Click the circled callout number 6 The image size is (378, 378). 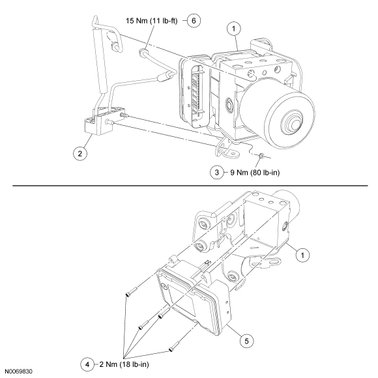[x=194, y=21]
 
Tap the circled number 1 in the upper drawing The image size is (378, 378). [x=233, y=29]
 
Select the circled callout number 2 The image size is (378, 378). [x=80, y=153]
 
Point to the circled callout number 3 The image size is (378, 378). [x=217, y=172]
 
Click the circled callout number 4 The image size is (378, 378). [x=87, y=364]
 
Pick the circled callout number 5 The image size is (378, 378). [x=246, y=341]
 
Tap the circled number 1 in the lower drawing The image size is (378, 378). [x=302, y=255]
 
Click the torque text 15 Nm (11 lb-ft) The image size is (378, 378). [x=152, y=21]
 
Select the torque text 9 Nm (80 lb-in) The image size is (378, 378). [x=255, y=172]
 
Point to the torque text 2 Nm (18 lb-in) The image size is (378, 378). [x=124, y=364]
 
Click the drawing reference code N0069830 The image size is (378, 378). [x=18, y=371]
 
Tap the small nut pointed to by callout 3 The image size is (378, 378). [x=261, y=156]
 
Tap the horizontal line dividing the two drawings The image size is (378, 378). [x=190, y=186]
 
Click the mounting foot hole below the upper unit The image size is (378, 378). [x=232, y=153]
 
